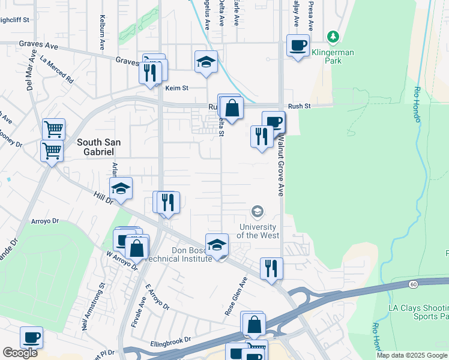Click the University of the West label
click(x=258, y=231)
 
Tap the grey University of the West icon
click(x=257, y=211)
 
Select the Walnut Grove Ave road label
click(x=280, y=166)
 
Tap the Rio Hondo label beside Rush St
click(x=417, y=104)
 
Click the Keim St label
click(x=177, y=88)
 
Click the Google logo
click(x=20, y=353)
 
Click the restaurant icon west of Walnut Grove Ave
click(x=261, y=136)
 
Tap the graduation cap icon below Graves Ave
click(x=206, y=61)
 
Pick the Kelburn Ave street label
click(x=103, y=36)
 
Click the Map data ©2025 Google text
click(x=411, y=355)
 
